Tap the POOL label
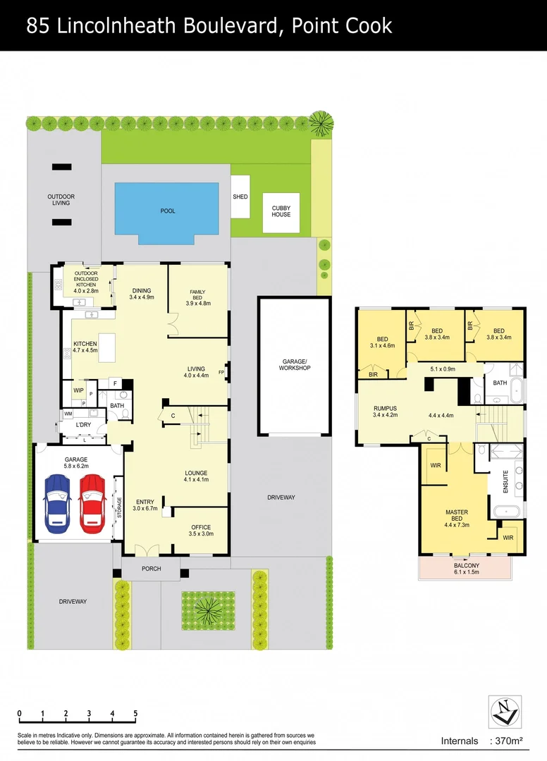point(167,211)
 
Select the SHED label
point(240,197)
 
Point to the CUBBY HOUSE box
point(281,211)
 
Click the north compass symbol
point(505,711)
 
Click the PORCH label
point(152,569)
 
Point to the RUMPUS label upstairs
point(385,409)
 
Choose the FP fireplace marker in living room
point(221,372)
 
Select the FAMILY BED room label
point(197,297)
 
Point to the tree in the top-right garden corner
point(321,123)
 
